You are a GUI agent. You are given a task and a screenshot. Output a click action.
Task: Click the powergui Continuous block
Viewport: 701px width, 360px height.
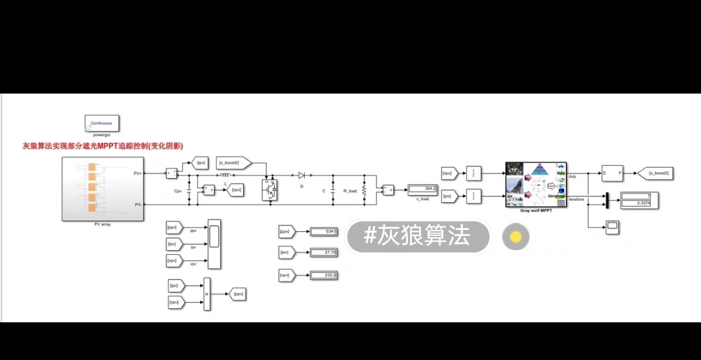(x=101, y=123)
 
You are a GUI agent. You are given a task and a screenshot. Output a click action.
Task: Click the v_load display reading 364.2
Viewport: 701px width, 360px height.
(x=423, y=189)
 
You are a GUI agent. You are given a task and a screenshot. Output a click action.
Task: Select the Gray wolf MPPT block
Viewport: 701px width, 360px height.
(x=536, y=185)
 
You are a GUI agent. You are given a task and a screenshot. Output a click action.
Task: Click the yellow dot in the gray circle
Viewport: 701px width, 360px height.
(x=516, y=237)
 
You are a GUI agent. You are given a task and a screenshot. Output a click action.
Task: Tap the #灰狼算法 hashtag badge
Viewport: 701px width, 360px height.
(x=417, y=236)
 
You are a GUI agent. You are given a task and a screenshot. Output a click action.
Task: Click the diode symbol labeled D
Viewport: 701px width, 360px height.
(x=301, y=175)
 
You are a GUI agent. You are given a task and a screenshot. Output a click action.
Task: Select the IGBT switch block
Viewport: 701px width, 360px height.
(x=269, y=189)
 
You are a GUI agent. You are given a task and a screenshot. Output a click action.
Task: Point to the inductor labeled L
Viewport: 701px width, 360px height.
(x=225, y=175)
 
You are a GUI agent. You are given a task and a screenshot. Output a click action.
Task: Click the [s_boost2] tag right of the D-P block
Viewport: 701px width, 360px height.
(x=654, y=174)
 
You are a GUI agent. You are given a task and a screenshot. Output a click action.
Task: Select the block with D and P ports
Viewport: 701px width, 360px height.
(x=612, y=174)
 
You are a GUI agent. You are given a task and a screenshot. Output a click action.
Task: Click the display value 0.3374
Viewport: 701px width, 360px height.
(x=640, y=204)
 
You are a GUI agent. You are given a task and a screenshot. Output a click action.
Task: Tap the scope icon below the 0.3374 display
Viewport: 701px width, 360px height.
(x=612, y=227)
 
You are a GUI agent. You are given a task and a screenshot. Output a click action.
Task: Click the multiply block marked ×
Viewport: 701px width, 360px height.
(x=207, y=295)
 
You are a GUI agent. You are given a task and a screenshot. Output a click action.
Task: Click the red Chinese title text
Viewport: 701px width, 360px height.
(x=103, y=146)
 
